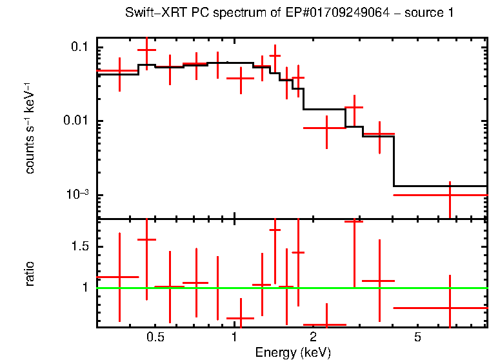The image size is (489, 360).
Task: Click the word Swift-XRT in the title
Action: click(149, 13)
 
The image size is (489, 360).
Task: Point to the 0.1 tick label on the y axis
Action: click(79, 48)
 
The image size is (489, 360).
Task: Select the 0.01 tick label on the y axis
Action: click(76, 121)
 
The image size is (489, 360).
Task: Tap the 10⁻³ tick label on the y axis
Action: click(77, 195)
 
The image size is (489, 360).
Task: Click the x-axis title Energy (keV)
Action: click(292, 352)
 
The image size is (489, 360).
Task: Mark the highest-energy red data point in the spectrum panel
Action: click(450, 195)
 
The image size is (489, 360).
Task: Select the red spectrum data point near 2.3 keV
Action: click(326, 128)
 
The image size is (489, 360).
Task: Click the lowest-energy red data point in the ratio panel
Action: click(119, 277)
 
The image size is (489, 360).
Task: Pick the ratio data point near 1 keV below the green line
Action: click(240, 318)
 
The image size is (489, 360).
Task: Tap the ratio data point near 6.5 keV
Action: click(450, 308)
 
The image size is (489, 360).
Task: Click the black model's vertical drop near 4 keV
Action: click(394, 161)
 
